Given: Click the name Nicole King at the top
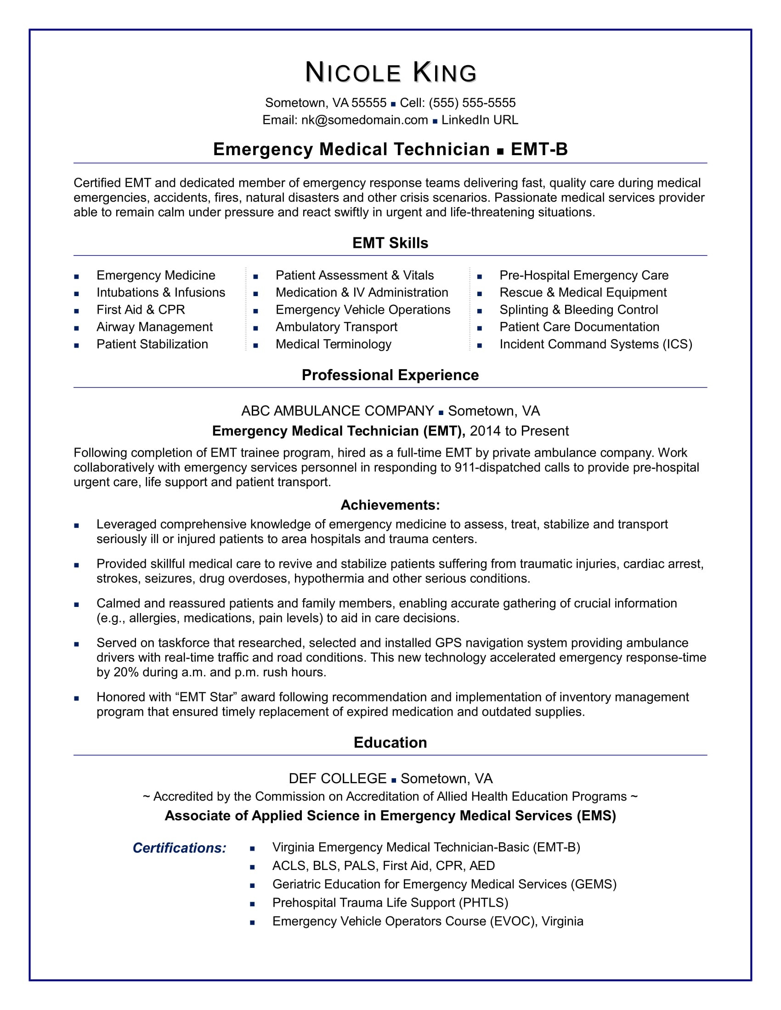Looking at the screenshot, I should point(390,73).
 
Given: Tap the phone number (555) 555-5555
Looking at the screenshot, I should point(472,103).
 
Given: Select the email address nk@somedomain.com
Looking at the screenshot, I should point(364,120).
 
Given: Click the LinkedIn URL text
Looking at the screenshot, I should point(479,120).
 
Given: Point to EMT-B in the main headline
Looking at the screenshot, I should point(539,149).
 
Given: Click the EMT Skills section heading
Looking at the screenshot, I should point(390,243).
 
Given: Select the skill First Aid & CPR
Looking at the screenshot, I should point(141,310).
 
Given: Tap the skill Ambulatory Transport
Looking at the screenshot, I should point(336,327).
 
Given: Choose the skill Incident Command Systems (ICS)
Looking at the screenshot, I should point(595,344).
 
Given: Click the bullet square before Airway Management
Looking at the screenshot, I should point(76,328).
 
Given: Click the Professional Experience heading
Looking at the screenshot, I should point(390,375).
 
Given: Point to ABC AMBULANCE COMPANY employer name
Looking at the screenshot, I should point(337,411).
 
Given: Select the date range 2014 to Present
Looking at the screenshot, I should point(519,431).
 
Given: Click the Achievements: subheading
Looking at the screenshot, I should point(390,505).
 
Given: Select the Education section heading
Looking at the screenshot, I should point(390,743).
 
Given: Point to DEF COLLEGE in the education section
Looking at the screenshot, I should point(337,779).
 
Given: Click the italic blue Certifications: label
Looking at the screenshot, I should point(180,848).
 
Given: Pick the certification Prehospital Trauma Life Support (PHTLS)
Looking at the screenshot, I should point(390,903).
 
